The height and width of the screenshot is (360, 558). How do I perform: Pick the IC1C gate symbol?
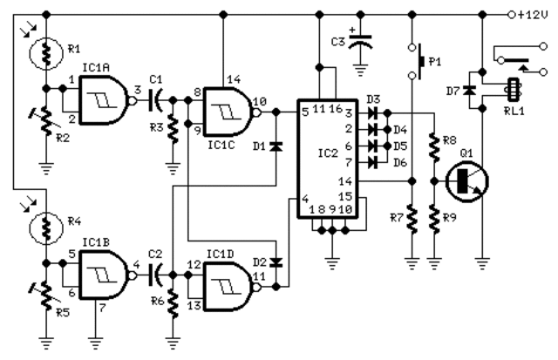point(228,112)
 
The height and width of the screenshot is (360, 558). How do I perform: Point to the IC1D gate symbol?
point(228,286)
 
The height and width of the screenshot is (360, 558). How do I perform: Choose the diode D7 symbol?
point(471,89)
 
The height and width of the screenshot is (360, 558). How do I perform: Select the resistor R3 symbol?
point(173,131)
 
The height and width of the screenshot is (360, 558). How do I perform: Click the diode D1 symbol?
point(276,146)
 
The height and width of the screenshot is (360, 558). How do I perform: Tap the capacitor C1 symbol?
point(158,100)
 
